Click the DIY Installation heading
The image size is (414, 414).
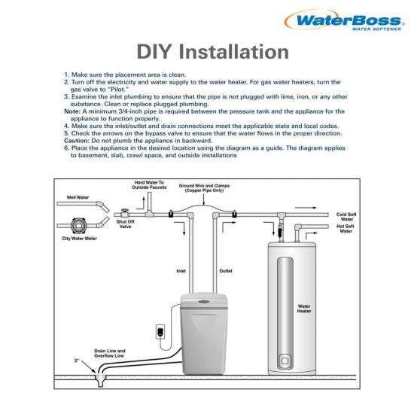pos(212,52)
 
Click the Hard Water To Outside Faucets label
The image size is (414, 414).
pos(149,185)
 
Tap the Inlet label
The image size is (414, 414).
pos(181,271)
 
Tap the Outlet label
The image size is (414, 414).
pos(226,271)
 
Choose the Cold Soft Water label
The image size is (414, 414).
pos(346,217)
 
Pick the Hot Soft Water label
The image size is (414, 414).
pos(346,229)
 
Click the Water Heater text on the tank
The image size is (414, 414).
pos(304,309)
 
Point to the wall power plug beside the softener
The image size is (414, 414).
pos(160,332)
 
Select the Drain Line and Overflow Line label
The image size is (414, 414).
pos(109,354)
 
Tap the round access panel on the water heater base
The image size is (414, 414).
pos(284,361)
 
